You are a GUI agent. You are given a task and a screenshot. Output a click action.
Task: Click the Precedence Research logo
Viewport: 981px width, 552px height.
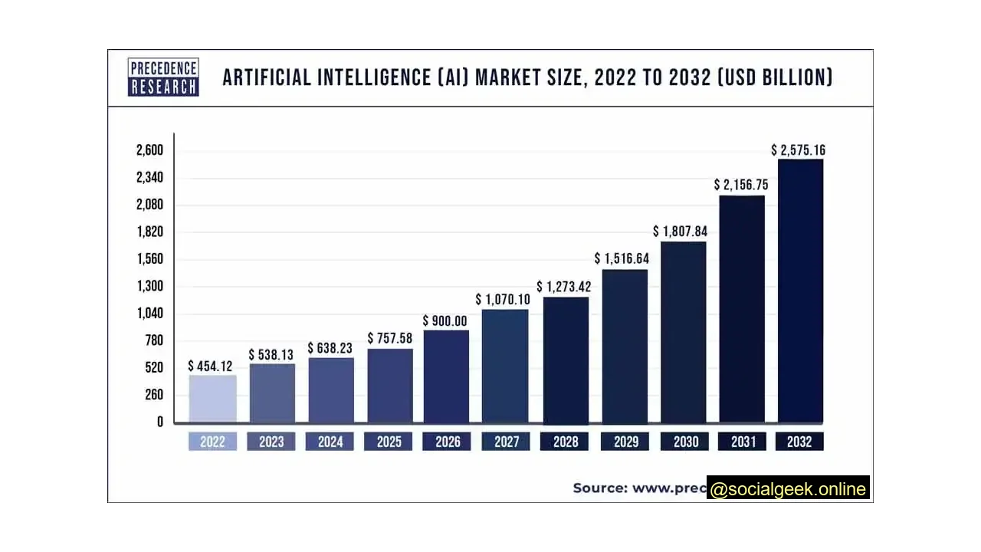tap(163, 77)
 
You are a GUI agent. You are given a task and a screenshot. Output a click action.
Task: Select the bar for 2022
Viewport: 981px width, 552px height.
tap(212, 398)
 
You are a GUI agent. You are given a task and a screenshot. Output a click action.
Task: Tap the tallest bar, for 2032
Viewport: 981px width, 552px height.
tap(800, 291)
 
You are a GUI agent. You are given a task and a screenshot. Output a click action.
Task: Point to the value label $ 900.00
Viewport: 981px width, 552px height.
tap(445, 320)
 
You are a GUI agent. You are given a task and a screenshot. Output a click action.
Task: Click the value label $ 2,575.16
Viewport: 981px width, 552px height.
tap(798, 150)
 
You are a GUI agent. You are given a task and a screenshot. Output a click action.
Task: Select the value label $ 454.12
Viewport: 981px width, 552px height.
tap(210, 366)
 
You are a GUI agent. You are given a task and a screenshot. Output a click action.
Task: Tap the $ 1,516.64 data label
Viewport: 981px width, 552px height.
tap(622, 258)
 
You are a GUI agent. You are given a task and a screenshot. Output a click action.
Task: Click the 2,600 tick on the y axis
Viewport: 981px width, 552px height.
tap(149, 150)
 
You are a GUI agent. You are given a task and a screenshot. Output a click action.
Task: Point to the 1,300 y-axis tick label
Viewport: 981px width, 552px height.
tap(149, 286)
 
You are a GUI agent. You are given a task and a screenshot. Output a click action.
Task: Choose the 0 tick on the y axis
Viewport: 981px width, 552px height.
tap(159, 422)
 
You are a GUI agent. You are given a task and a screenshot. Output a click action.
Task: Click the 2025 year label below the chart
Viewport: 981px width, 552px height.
tap(389, 442)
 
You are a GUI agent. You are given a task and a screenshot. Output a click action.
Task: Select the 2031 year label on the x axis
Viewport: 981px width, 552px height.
tap(742, 442)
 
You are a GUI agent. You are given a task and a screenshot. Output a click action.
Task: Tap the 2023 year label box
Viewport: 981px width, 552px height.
tap(271, 442)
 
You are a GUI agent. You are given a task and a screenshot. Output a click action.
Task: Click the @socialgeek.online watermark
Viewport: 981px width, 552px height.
tap(788, 489)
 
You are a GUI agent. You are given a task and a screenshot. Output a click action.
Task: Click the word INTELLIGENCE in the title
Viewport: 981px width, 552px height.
tap(368, 77)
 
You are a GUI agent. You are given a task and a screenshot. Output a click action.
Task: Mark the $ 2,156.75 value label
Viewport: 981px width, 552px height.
tap(740, 185)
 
